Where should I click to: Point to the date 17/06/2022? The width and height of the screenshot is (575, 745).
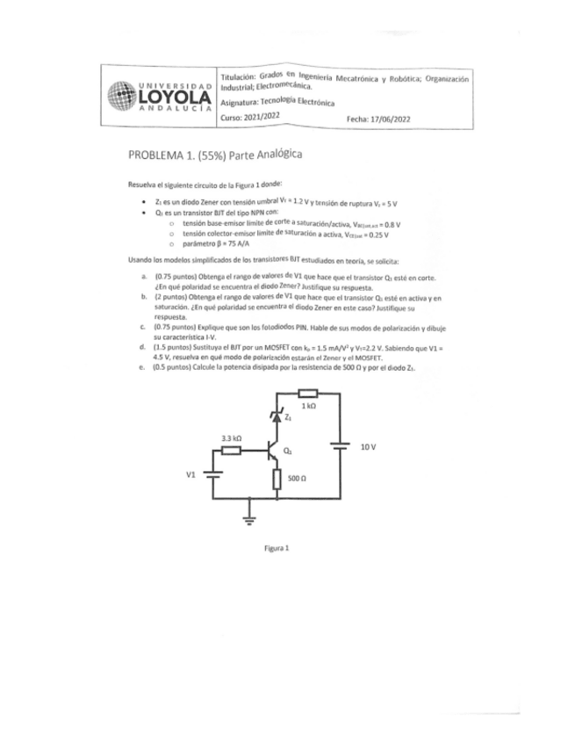point(392,118)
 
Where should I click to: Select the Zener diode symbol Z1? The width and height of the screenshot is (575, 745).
point(278,418)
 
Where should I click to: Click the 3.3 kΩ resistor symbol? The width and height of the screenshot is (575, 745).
point(231,451)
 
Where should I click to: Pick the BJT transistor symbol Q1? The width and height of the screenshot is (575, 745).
point(274,452)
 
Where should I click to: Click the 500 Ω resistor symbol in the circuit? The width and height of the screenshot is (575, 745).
point(278,480)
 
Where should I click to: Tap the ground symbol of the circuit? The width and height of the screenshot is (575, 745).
point(248,518)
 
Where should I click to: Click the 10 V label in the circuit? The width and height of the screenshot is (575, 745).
point(369,447)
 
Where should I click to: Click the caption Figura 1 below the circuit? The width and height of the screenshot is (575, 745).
point(278,547)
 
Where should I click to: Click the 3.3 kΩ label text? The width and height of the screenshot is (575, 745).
point(231,437)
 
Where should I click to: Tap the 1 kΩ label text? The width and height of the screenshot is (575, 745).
point(308,408)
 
